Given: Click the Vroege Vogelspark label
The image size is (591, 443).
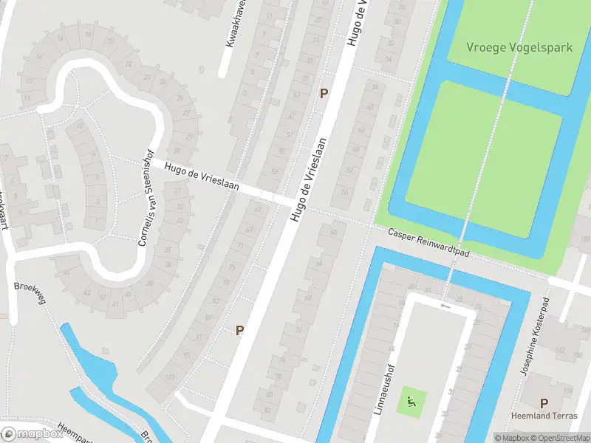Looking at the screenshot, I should (x=519, y=47).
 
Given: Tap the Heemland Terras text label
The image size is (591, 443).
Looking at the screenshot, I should (x=544, y=416).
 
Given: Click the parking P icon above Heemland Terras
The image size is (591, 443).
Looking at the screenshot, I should (x=544, y=403).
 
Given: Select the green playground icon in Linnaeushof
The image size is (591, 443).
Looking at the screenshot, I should (x=411, y=403).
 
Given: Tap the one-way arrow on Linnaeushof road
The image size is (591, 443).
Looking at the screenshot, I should (x=444, y=305).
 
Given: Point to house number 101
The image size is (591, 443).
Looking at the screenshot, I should (x=171, y=377).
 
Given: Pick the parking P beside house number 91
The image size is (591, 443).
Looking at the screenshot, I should (x=239, y=330).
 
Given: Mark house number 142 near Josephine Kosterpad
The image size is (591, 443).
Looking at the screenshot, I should (x=586, y=330).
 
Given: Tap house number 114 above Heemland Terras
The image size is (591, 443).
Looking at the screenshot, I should (x=567, y=390).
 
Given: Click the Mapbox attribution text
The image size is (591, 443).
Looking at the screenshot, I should (x=511, y=438).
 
